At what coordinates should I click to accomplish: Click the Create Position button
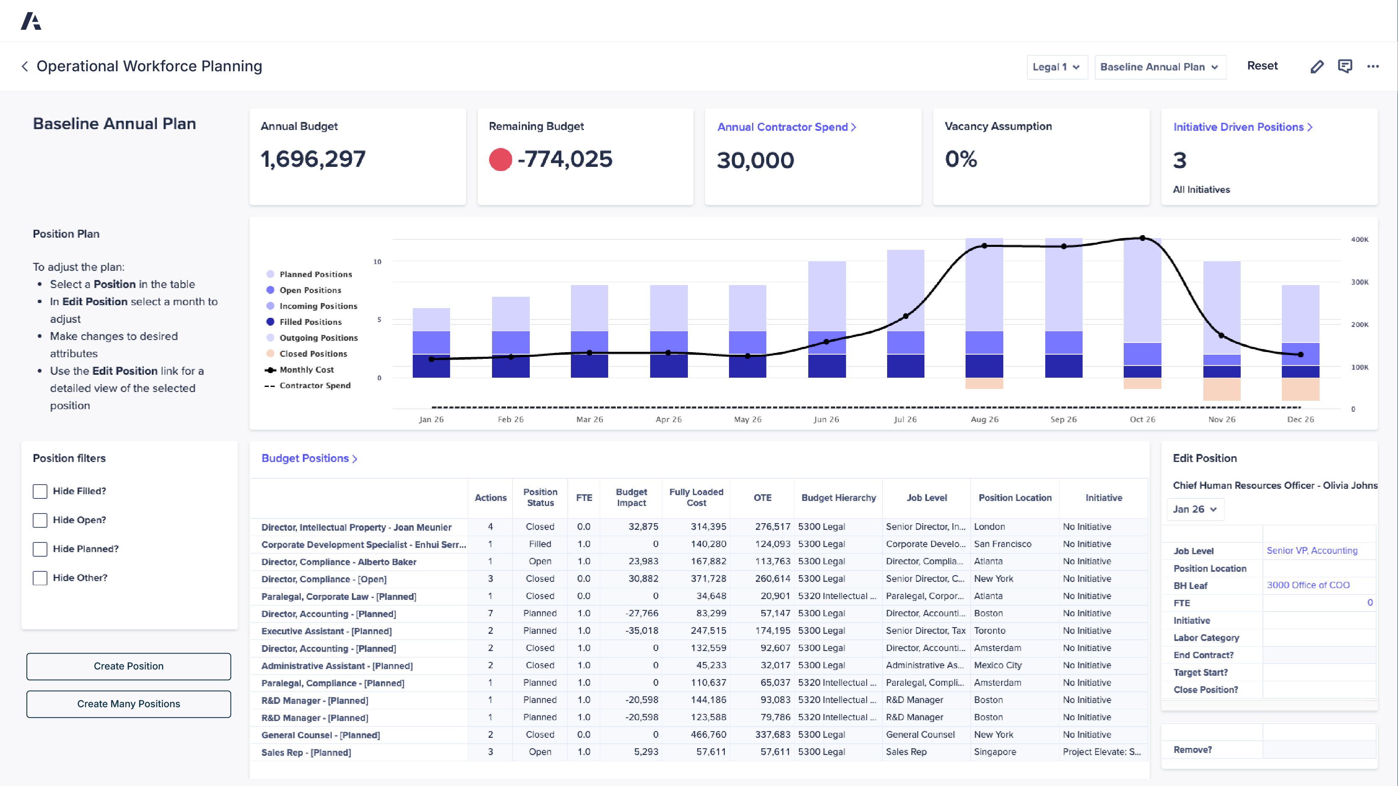(129, 666)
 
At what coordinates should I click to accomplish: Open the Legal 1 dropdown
(1056, 67)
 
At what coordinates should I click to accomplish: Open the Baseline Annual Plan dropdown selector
(1159, 67)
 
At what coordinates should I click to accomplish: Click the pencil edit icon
(1317, 67)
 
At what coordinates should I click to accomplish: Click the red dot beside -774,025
(500, 159)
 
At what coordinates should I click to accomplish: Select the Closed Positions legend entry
(312, 354)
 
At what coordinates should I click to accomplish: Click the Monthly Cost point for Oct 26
(1143, 238)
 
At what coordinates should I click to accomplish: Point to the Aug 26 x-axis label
(984, 419)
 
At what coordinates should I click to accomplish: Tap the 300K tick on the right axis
(1359, 282)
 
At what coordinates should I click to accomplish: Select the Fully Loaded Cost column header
(696, 498)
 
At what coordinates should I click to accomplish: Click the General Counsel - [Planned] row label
(320, 735)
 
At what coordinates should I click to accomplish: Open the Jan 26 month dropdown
(1195, 509)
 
